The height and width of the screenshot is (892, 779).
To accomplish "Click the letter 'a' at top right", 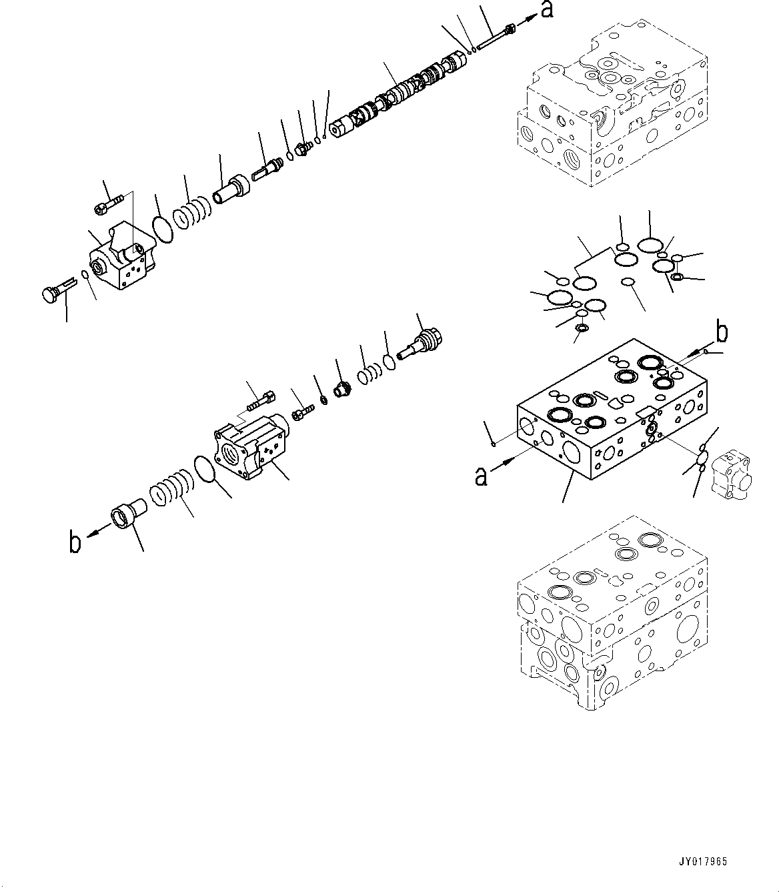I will (547, 11).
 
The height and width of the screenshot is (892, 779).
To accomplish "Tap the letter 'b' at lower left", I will (75, 542).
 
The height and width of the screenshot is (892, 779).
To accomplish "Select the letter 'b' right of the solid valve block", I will (722, 332).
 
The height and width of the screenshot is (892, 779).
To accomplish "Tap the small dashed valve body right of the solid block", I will (732, 473).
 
